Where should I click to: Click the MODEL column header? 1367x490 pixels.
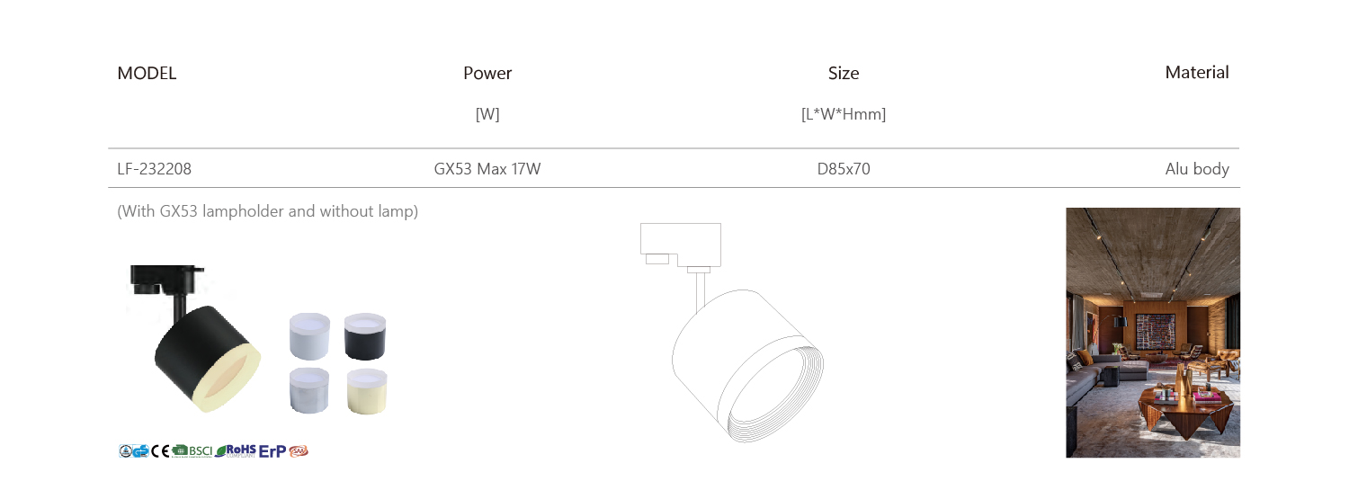[x=147, y=73]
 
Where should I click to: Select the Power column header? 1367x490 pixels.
[x=487, y=73]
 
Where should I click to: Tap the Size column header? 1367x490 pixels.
[x=844, y=73]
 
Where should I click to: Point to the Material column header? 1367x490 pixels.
[x=1197, y=73]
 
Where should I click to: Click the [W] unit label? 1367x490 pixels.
[x=487, y=114]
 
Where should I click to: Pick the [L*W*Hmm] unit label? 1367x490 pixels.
[x=844, y=114]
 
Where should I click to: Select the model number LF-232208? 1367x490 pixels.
[x=155, y=169]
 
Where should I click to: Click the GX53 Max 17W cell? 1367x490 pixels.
[x=487, y=169]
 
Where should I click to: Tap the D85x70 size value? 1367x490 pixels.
[x=844, y=169]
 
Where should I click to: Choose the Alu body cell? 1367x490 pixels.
[x=1197, y=169]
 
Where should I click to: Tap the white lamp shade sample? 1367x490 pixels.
[x=309, y=336]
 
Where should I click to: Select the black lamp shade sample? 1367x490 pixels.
[x=365, y=336]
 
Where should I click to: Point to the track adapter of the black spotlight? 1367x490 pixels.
[x=165, y=280]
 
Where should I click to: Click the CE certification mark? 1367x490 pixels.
[x=160, y=451]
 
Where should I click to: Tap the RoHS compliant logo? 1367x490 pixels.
[x=236, y=451]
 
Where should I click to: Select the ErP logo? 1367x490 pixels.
[x=273, y=451]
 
